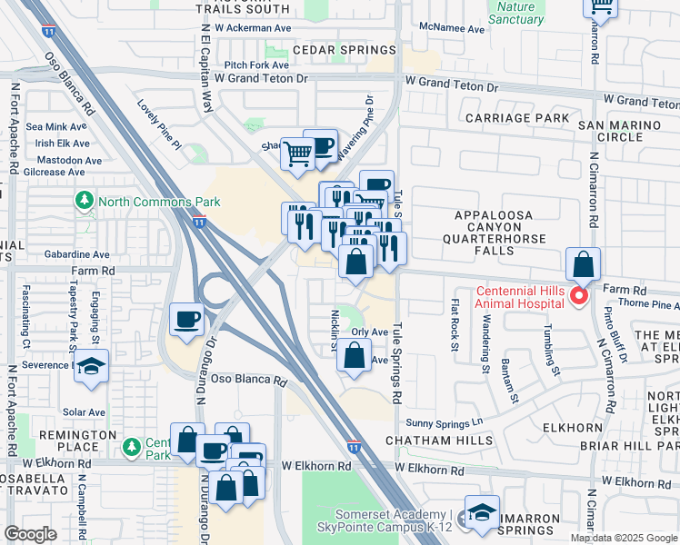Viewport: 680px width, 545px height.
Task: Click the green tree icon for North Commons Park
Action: [85, 200]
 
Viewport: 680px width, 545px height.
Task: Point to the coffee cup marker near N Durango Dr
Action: [187, 320]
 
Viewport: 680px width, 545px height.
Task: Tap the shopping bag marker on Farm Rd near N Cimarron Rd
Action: [584, 265]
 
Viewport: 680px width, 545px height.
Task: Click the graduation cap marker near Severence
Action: [91, 366]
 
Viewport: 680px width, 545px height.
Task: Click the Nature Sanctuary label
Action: [516, 13]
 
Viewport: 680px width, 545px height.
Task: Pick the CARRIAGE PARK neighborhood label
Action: [517, 118]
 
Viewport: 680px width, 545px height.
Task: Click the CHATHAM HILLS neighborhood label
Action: [440, 441]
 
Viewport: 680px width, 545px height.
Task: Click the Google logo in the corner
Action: [31, 534]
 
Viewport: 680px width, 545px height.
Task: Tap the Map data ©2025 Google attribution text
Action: [624, 538]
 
